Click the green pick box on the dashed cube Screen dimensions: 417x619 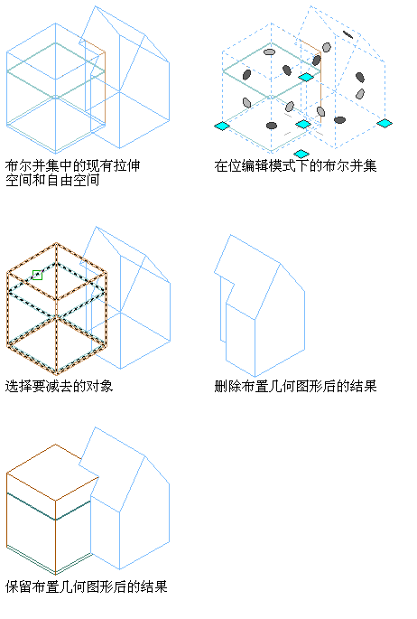(x=37, y=275)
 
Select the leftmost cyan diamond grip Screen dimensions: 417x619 (x=222, y=126)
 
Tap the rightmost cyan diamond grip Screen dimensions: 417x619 (x=385, y=123)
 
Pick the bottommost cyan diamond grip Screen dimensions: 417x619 (x=301, y=154)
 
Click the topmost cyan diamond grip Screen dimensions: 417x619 (x=306, y=77)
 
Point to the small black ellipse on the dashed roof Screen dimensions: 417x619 (x=348, y=34)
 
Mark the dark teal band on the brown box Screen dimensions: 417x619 (x=49, y=507)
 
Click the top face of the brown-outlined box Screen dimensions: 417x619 (x=52, y=473)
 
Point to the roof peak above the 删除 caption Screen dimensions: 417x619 (x=230, y=235)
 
